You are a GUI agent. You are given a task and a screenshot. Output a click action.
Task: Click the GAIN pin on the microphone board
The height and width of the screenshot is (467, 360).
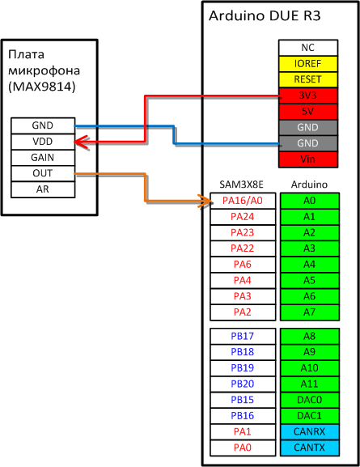[43, 158]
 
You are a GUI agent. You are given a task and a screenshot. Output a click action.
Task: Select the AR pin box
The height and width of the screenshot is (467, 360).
[43, 189]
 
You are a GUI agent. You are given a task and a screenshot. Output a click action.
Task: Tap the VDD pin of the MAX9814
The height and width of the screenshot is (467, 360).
[43, 142]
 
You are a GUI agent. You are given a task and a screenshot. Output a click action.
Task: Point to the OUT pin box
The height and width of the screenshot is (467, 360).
[43, 173]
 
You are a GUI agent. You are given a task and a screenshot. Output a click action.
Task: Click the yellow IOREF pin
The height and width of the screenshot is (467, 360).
[308, 64]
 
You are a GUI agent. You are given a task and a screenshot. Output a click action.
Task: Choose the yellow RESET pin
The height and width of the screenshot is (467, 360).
[308, 79]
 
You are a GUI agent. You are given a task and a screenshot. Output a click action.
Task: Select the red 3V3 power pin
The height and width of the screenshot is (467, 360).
[308, 96]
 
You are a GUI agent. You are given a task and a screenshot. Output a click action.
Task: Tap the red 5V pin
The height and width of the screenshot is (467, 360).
[308, 112]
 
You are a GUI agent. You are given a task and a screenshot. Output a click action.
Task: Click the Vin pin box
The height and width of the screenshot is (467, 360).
[308, 159]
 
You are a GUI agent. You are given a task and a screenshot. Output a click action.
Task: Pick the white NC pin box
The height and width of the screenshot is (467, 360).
[308, 48]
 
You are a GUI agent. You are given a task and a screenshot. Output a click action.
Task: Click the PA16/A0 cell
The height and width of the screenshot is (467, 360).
[243, 201]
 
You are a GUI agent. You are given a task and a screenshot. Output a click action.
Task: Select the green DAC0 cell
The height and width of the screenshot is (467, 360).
[310, 400]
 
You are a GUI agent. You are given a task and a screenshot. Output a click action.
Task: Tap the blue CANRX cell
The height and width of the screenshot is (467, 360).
[310, 431]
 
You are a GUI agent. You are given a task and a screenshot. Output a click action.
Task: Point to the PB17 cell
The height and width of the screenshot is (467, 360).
[243, 336]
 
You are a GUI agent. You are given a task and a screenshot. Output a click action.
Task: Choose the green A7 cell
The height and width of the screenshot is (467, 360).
[310, 312]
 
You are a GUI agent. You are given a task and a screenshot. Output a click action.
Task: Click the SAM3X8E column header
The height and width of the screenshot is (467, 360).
[242, 185]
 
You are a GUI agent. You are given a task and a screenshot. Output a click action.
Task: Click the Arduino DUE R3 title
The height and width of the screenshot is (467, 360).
[265, 16]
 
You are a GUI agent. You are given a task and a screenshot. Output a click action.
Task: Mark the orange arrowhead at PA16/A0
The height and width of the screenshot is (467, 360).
[206, 200]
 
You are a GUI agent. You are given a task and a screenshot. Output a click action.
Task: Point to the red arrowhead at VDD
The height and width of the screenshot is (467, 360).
[82, 142]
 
